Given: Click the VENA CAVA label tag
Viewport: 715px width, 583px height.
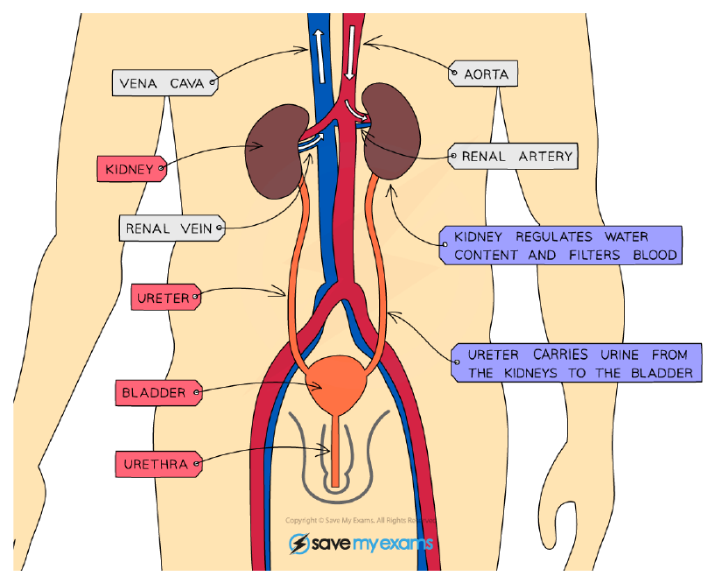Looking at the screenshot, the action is click(x=165, y=83).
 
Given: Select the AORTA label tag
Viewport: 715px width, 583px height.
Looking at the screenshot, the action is click(x=483, y=74).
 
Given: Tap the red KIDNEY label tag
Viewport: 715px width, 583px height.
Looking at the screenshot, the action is click(x=132, y=169).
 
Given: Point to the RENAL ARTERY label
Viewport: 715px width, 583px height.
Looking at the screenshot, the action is click(x=514, y=157).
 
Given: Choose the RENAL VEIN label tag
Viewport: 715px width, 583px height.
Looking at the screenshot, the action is click(x=172, y=228).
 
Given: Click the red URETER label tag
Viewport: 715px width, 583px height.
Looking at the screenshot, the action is click(x=166, y=298).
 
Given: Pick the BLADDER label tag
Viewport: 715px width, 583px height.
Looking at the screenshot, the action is click(x=158, y=393).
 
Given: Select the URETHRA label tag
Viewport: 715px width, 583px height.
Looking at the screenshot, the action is click(x=158, y=465).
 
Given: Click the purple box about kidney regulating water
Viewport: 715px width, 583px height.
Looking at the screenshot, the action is click(x=561, y=245).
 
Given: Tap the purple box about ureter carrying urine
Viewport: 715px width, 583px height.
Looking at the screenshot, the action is click(x=577, y=363).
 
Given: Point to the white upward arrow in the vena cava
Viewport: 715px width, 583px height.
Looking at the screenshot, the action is click(x=319, y=57).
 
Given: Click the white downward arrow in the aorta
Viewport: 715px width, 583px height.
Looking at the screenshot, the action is click(x=350, y=53).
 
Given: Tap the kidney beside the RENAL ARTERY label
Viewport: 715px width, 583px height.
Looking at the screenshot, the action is click(x=391, y=131).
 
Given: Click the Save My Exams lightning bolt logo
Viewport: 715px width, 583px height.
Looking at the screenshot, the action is click(x=299, y=544).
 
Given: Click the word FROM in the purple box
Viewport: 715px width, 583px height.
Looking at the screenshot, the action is click(x=669, y=355).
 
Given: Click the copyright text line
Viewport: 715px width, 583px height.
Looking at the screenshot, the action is click(x=361, y=521).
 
